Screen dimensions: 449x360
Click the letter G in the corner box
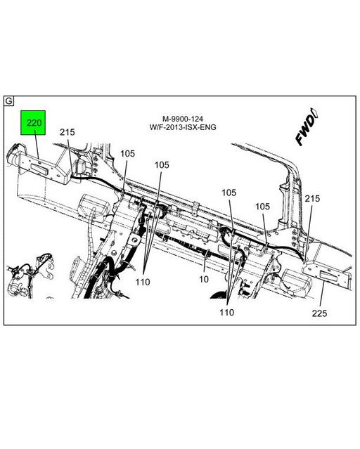click(9, 100)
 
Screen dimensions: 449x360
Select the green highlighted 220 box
click(34, 125)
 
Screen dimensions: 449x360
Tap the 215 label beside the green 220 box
click(67, 132)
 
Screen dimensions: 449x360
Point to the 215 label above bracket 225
click(312, 199)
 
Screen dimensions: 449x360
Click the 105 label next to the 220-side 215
click(127, 153)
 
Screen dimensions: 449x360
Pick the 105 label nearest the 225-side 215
click(262, 207)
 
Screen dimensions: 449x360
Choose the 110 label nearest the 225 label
click(226, 312)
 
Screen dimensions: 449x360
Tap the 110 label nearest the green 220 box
click(143, 282)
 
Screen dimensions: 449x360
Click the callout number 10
click(204, 280)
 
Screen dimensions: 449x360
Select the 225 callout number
click(321, 314)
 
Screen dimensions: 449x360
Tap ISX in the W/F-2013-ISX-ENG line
click(195, 127)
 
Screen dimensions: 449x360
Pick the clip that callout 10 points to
click(209, 250)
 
